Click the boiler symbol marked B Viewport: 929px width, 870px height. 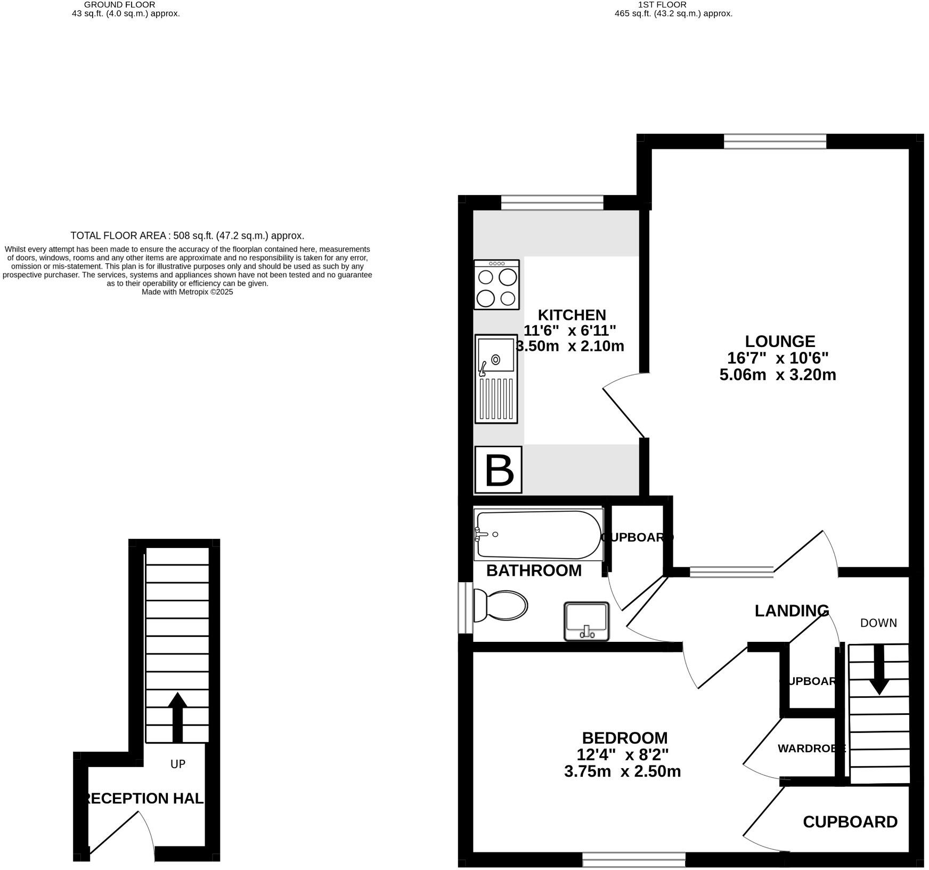coord(499,470)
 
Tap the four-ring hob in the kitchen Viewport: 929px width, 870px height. coord(496,285)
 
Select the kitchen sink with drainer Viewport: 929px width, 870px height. coord(496,378)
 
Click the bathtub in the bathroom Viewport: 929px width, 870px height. coord(538,534)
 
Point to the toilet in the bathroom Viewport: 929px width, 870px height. coord(500,606)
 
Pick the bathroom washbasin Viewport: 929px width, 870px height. coord(586,621)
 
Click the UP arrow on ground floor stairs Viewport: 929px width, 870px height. coord(177,718)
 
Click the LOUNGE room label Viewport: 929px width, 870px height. coord(779,341)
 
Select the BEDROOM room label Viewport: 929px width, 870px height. coord(624,738)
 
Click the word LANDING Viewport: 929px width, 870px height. coord(792,610)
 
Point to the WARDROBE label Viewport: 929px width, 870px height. coord(811,748)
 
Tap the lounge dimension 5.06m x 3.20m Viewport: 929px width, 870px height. coord(777,375)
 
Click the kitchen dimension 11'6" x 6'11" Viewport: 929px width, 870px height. coord(570,331)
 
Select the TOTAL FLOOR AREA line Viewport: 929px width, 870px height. coord(187,236)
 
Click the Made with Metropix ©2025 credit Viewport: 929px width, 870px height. coord(187,292)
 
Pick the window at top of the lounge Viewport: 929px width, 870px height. coord(775,141)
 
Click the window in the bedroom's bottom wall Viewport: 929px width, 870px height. coord(633,859)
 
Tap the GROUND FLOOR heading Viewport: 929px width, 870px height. coord(120,5)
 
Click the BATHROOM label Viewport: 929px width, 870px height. coord(534,570)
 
